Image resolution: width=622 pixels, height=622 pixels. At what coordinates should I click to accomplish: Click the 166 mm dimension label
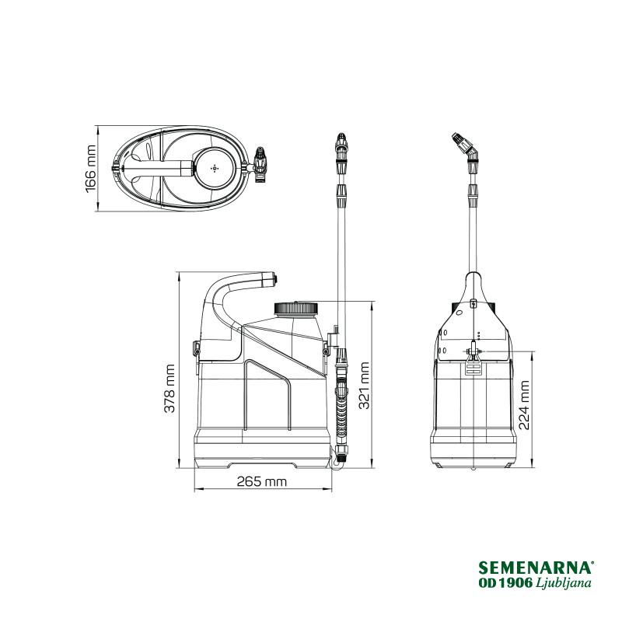(x=91, y=169)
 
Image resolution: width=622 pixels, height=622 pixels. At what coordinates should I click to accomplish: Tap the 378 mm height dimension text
(x=169, y=389)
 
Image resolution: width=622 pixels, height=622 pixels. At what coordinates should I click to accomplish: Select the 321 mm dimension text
(x=364, y=385)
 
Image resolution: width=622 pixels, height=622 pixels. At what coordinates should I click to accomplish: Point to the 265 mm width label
(x=261, y=481)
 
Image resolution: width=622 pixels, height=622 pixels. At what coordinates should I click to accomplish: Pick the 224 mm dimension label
(x=524, y=405)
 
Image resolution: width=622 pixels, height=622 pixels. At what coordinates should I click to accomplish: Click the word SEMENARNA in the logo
(x=536, y=568)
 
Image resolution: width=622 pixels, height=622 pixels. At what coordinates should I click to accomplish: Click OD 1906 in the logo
(x=506, y=583)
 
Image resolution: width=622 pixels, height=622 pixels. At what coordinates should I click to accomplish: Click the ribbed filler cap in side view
(x=296, y=308)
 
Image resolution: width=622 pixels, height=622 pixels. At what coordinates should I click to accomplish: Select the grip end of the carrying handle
(x=269, y=278)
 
